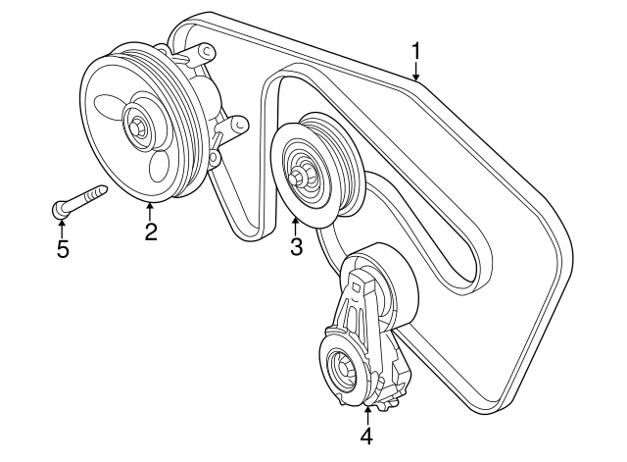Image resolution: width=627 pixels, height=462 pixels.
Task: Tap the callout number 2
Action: click(x=150, y=231)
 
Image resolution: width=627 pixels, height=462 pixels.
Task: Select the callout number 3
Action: click(x=296, y=247)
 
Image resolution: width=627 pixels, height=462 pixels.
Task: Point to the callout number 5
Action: click(x=62, y=249)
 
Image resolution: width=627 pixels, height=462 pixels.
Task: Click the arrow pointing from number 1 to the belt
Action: click(x=415, y=71)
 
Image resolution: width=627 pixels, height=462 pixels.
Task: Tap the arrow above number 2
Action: click(x=150, y=208)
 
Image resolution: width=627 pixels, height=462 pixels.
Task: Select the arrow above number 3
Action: click(x=296, y=225)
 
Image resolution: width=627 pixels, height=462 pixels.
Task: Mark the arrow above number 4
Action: click(x=366, y=412)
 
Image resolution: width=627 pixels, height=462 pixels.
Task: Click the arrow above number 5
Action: click(x=62, y=227)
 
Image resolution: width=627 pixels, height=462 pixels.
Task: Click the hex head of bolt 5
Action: click(x=58, y=208)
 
